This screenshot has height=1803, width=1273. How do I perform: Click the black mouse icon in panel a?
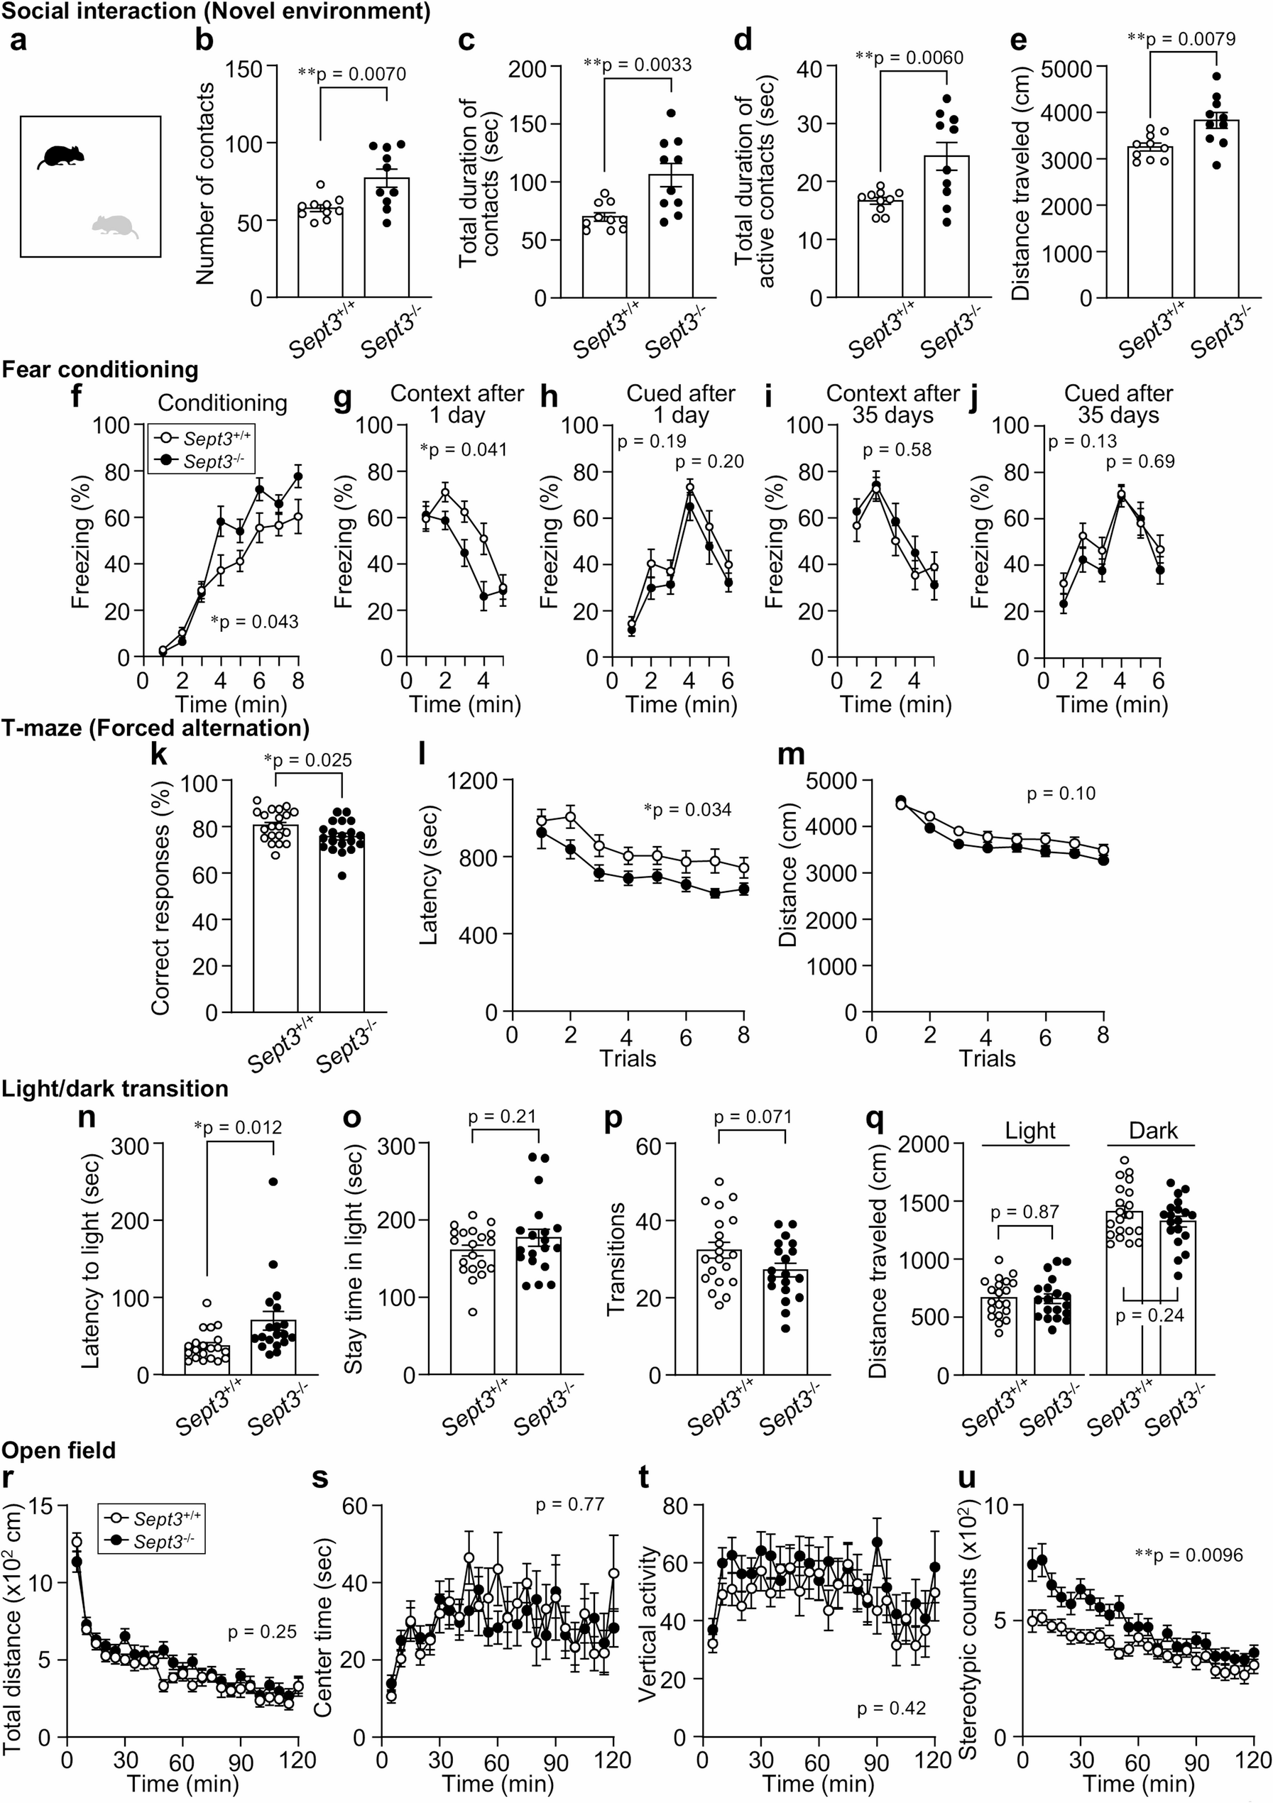tap(61, 156)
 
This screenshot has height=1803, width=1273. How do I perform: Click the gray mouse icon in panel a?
tap(114, 226)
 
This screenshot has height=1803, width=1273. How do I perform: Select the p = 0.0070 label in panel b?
tap(352, 75)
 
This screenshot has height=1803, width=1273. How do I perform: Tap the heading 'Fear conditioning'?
tap(99, 369)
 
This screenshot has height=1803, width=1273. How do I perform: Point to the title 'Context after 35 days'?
tap(893, 404)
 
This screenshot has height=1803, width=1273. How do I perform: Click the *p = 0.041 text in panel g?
tap(464, 450)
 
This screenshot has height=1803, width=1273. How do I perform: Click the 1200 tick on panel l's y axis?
tap(473, 780)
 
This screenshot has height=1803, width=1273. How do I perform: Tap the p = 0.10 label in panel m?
tap(1061, 794)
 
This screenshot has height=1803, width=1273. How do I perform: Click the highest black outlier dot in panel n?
tap(273, 1182)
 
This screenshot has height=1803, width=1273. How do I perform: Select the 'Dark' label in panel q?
tap(1153, 1131)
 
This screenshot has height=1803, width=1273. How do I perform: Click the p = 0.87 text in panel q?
tap(1025, 1212)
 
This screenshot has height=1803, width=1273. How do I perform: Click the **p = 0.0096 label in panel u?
tap(1189, 1555)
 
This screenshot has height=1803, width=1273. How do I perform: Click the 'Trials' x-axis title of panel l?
tap(628, 1058)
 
